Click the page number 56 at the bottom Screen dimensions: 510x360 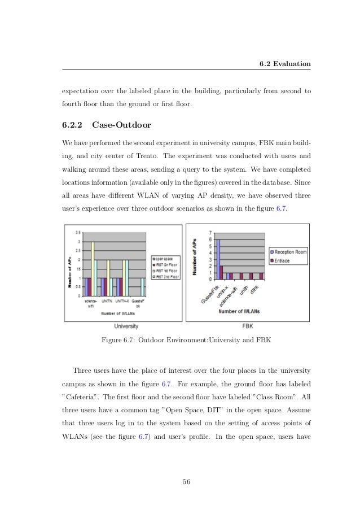pyautogui.click(x=186, y=481)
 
